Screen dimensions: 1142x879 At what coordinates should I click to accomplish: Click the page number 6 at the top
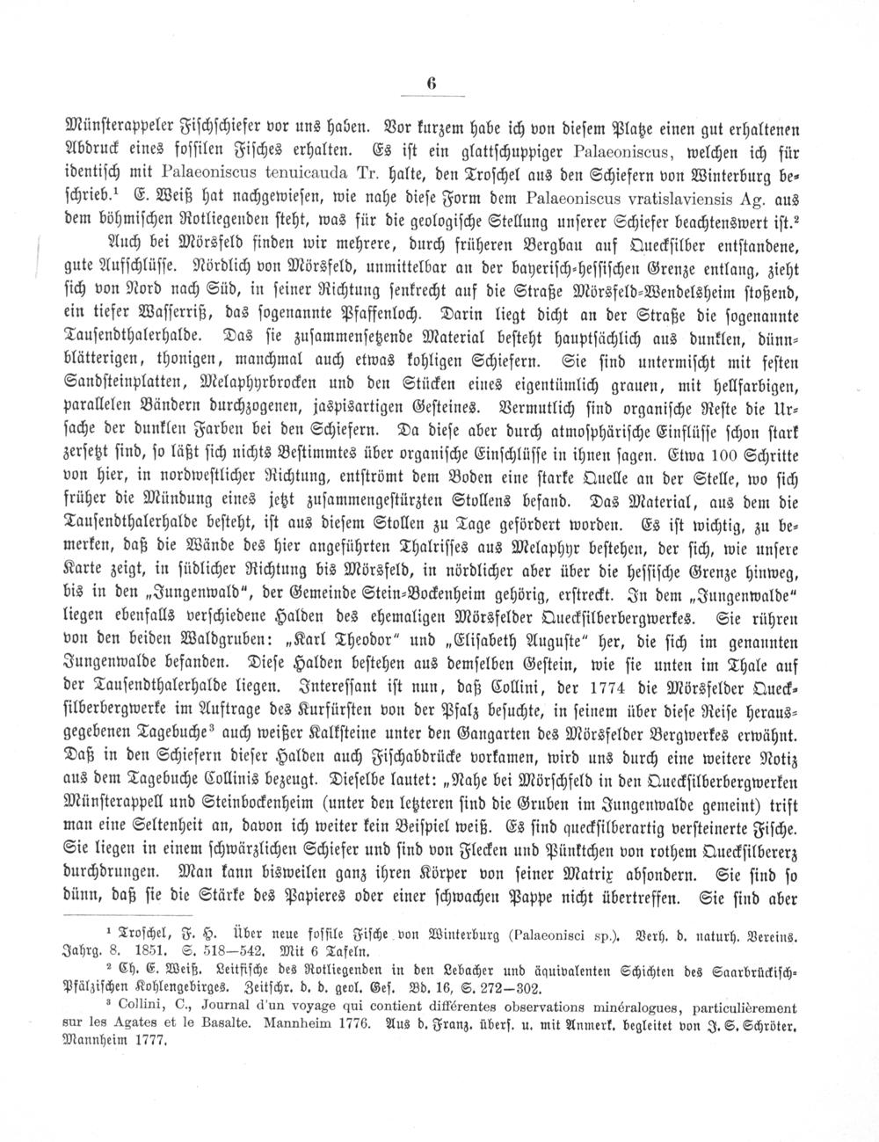pos(432,84)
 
